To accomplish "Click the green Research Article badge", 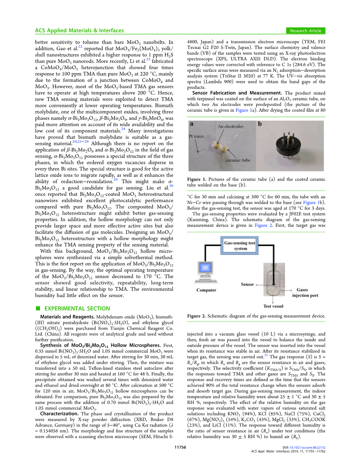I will click(x=305, y=31).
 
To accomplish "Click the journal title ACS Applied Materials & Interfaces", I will click(x=79, y=31).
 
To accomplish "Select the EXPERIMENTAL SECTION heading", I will click(x=77, y=309).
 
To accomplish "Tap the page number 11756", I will click(x=180, y=447).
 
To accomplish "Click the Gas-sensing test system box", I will click(x=240, y=246).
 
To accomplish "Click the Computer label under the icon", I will click(x=206, y=290).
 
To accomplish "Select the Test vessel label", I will click(x=273, y=306).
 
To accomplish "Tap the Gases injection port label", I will click(x=304, y=293).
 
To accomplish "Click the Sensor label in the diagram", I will click(x=247, y=285).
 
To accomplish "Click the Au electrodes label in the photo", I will click(x=230, y=127).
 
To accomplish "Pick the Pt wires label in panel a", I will click(x=196, y=136).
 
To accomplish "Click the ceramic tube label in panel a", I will click(x=238, y=160).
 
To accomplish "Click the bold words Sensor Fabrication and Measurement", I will click(x=237, y=93).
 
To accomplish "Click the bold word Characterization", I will click(x=59, y=414).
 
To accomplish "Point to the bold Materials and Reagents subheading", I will click(x=67, y=317).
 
